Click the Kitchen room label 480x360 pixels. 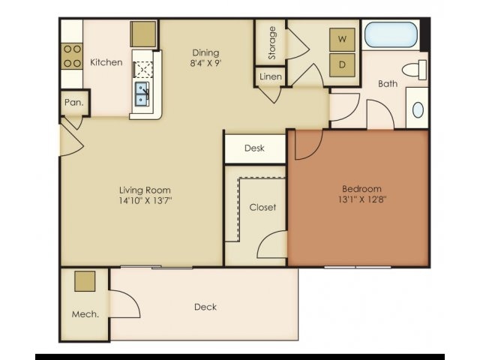pos(106,62)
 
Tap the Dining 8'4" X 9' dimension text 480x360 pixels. pos(205,63)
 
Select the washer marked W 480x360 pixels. pos(343,38)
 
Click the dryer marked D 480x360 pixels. pos(343,64)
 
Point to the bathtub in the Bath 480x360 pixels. pos(390,35)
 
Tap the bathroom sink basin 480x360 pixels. pos(417,109)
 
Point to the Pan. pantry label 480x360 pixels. pos(73,102)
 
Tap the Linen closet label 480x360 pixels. pos(270,77)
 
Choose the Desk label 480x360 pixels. pos(254,148)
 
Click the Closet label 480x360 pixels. pos(262,207)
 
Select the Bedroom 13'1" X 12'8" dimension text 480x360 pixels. pos(361,200)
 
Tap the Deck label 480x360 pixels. pos(205,307)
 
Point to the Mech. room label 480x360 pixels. pos(85,314)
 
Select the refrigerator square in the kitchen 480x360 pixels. pos(143,34)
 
